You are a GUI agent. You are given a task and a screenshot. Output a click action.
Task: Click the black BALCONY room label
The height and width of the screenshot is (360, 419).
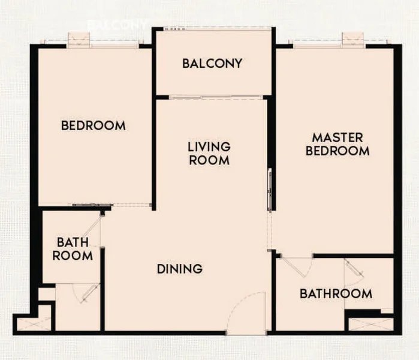(x=212, y=63)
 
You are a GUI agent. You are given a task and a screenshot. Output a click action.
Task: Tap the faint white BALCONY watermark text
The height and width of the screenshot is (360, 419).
(x=117, y=25)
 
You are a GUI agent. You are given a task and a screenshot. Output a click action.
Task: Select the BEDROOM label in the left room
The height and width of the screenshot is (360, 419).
(x=94, y=125)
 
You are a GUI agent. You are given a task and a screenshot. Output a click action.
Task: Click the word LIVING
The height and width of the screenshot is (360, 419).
(x=209, y=146)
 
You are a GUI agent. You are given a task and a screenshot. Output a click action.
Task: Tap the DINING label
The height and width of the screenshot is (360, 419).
(x=179, y=269)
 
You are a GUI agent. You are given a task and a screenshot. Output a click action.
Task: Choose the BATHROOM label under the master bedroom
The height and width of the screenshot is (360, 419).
(x=336, y=293)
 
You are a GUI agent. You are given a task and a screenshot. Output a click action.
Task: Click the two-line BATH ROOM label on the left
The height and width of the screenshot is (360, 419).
(x=73, y=249)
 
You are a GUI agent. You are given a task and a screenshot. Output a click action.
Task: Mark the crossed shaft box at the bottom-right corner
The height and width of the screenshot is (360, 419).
(x=370, y=324)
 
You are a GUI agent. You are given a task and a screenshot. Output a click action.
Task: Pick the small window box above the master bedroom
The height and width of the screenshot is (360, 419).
(x=353, y=39)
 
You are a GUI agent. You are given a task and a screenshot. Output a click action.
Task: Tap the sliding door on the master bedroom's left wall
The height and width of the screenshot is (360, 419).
(x=270, y=189)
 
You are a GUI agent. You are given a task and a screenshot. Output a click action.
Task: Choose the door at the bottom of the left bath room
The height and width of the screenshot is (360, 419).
(x=87, y=293)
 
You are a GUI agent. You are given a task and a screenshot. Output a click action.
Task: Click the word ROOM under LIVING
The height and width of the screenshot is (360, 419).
(x=209, y=160)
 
